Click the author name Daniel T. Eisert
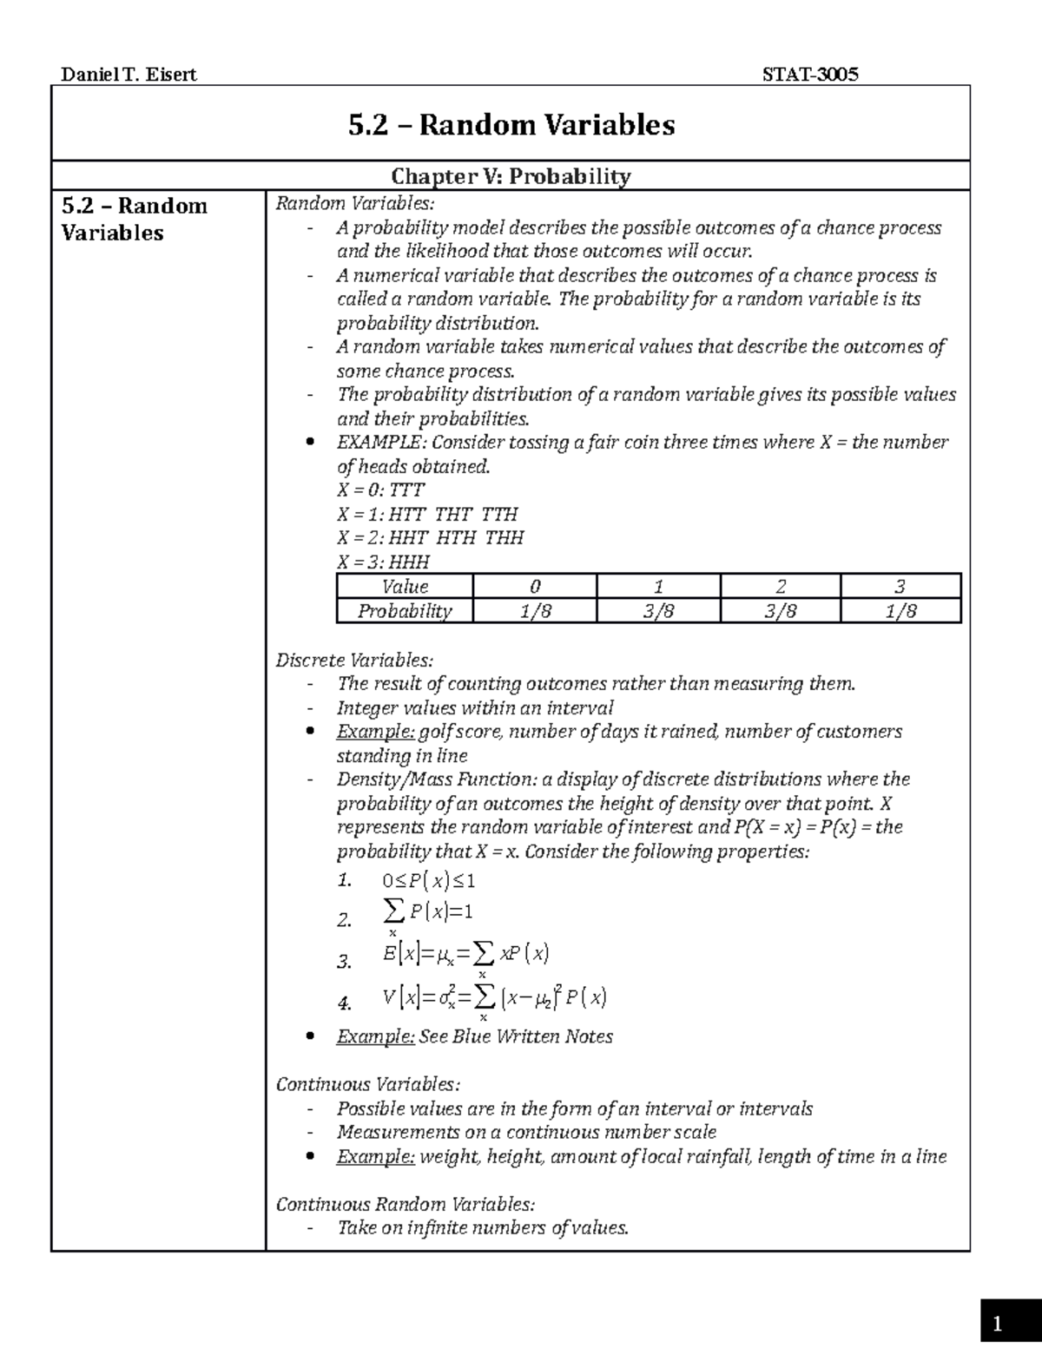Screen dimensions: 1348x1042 129,75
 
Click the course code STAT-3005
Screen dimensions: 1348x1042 809,75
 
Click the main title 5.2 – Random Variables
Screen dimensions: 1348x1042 511,125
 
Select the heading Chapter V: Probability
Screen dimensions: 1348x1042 511,176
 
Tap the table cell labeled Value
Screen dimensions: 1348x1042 405,586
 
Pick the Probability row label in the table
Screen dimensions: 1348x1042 405,611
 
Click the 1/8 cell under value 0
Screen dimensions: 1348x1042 535,611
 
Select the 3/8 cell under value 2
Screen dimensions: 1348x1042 780,611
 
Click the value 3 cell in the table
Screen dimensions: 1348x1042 900,586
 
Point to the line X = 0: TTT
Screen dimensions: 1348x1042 380,490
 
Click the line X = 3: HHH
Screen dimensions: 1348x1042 383,562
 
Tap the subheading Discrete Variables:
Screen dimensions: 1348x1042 353,660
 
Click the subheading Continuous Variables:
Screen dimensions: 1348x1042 367,1084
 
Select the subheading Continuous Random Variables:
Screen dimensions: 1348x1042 405,1204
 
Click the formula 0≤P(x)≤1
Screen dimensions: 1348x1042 429,881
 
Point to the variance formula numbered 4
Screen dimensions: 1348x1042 494,999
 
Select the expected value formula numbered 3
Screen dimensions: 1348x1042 465,955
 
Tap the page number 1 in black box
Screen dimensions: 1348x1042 998,1325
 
